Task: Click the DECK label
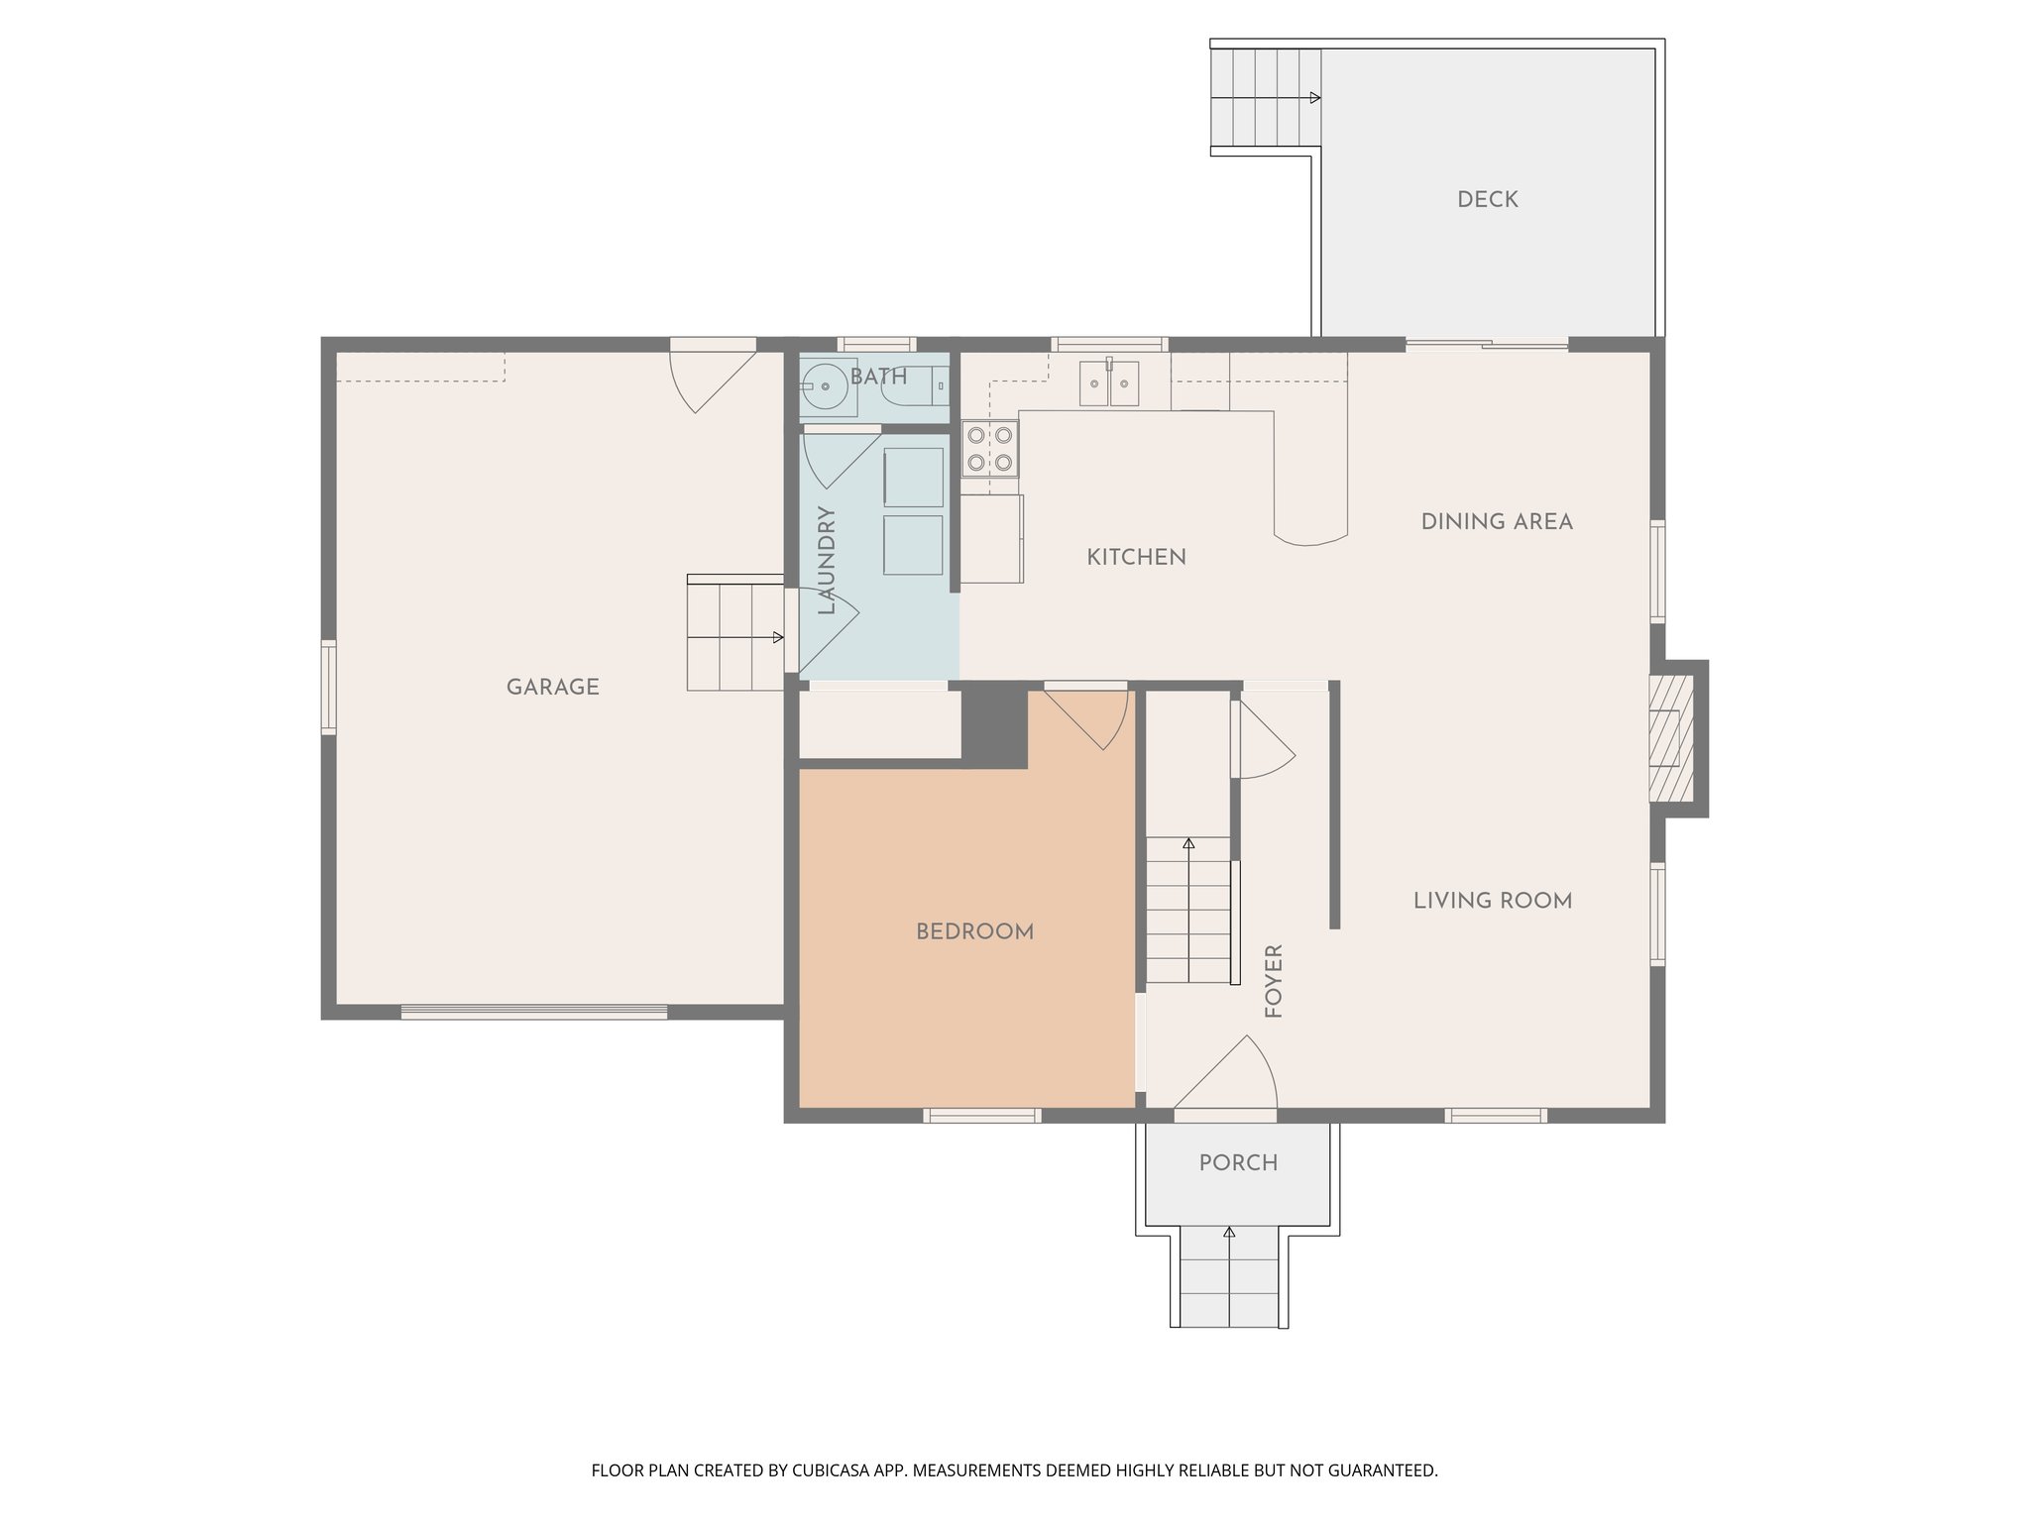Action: (1487, 200)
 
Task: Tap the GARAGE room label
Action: (552, 688)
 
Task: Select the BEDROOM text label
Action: (974, 932)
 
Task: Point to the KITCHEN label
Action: (1136, 558)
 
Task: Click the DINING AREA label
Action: (1496, 522)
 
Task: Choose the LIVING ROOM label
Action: (1492, 902)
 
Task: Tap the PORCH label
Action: (1238, 1163)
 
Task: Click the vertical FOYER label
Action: (1275, 981)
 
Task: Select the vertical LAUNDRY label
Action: (827, 561)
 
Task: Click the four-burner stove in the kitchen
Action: (989, 448)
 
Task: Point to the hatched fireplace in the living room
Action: (1671, 738)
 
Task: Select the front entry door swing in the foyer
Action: (1229, 1075)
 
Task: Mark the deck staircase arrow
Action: (1313, 97)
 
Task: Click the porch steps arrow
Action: (1229, 1234)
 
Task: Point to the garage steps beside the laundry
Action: (735, 635)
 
